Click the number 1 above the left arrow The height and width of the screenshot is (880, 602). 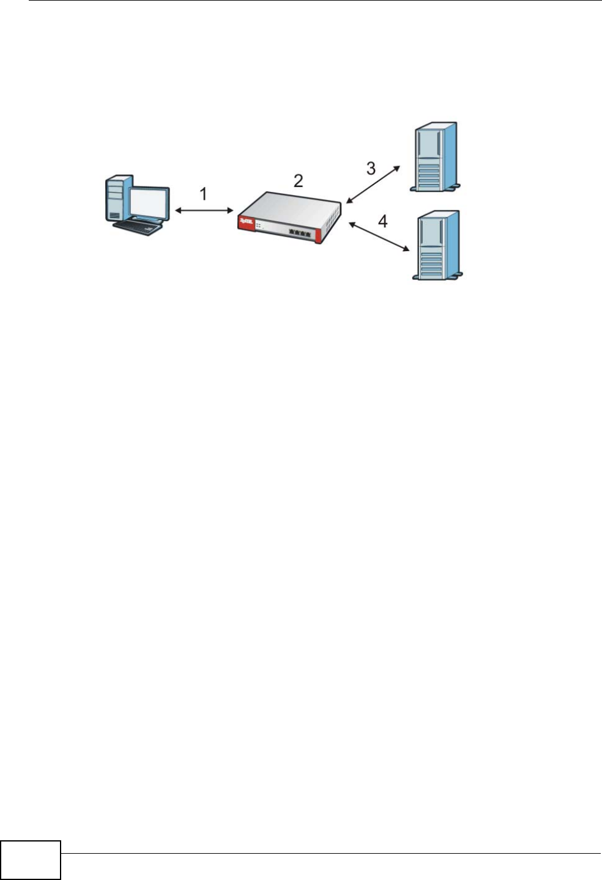pos(204,194)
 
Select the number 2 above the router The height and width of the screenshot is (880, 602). pos(298,180)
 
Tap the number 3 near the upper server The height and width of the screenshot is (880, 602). pos(371,168)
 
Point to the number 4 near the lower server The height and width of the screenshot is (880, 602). pos(382,221)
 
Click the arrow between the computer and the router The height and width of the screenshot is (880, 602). pos(204,211)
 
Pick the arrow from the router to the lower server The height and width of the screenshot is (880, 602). pos(379,237)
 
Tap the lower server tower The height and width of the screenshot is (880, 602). pos(436,245)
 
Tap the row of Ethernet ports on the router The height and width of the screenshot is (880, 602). pos(300,233)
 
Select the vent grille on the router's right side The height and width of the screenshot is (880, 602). pos(331,220)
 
